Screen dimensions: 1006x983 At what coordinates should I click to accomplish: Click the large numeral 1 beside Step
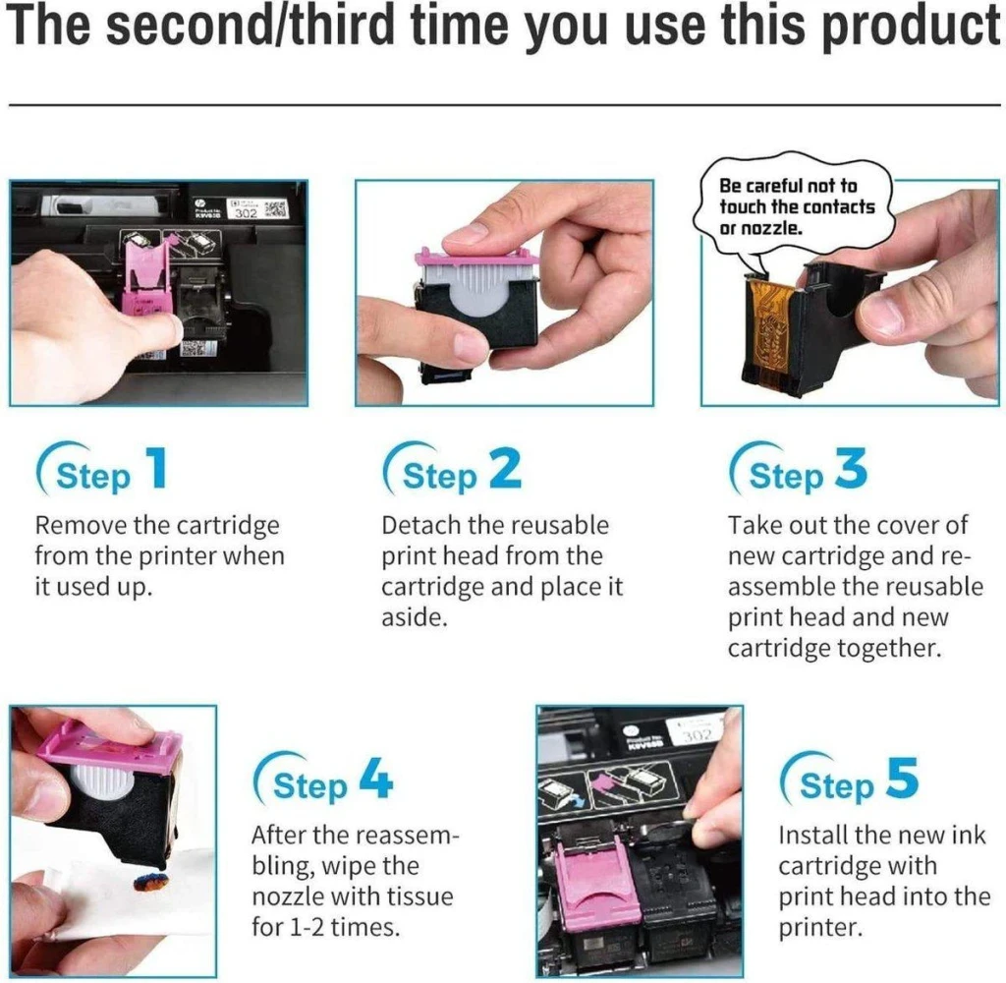coord(157,468)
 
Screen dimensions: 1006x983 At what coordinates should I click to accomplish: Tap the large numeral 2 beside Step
coord(506,468)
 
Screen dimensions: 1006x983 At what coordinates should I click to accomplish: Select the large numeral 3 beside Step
coord(852,468)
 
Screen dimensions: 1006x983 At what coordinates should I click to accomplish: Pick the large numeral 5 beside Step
coord(902,778)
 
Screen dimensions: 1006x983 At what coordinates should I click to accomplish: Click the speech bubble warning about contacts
coord(794,206)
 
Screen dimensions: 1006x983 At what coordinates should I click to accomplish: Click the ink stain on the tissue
coord(150,882)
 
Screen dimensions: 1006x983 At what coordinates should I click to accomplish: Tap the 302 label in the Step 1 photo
coord(246,212)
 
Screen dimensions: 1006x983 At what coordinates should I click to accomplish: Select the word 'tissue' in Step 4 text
coord(418,896)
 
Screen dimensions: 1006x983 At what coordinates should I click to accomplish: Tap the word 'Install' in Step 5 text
coord(812,835)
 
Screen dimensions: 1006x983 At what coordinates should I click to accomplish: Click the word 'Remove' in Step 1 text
coord(81,525)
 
